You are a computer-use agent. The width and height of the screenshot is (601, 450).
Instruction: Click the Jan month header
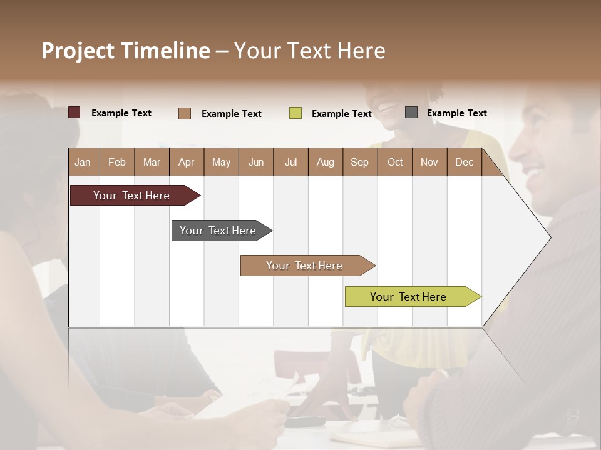point(83,162)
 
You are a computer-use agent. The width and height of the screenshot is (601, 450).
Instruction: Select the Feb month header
point(117,162)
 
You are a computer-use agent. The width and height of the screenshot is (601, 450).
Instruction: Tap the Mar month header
point(152,162)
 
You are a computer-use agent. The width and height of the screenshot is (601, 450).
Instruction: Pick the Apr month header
point(187,162)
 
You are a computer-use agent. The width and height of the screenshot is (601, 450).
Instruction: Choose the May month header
point(221,162)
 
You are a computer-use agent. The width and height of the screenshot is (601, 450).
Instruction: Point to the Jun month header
point(256,162)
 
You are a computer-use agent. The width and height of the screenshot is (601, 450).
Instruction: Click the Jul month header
point(290,162)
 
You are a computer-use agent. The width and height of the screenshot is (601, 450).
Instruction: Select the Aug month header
point(326,162)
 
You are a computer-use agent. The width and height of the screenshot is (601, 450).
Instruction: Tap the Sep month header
point(360,162)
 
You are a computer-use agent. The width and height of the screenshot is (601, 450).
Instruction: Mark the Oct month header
point(395,162)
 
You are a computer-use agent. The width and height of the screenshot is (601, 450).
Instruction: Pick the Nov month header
point(429,162)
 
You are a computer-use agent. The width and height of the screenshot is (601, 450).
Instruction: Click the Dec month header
point(465,162)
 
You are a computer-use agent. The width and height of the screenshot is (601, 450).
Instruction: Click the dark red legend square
point(74,112)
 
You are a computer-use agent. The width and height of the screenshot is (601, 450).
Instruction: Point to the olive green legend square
point(295,113)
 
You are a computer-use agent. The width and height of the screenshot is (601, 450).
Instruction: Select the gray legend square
point(411,112)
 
